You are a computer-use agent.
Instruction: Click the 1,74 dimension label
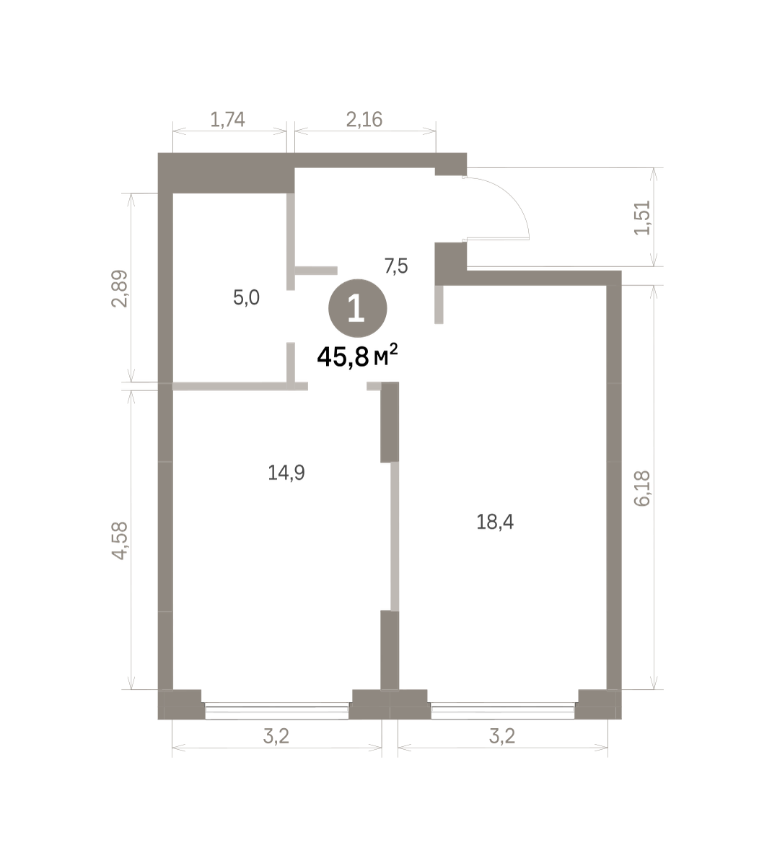click(227, 120)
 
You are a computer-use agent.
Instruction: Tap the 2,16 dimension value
click(364, 120)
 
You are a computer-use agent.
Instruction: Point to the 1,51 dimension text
click(642, 217)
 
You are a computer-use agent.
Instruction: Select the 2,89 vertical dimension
click(119, 289)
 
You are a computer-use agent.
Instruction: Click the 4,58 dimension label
click(119, 541)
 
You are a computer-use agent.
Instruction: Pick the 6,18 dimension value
click(642, 489)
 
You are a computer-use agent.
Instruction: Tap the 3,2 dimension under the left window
click(276, 736)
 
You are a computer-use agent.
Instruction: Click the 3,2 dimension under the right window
click(502, 736)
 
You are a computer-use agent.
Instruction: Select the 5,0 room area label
click(246, 297)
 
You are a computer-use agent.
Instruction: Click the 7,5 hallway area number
click(396, 266)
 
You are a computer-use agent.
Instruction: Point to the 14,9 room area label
click(286, 473)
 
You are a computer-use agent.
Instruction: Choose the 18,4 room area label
click(495, 522)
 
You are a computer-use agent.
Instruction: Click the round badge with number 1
click(357, 309)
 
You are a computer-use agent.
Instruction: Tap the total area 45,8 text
click(343, 357)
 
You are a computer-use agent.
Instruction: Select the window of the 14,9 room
click(276, 711)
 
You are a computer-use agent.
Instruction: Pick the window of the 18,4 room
click(502, 711)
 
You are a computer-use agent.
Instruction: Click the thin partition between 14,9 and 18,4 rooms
click(395, 536)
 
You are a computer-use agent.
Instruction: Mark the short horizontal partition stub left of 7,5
click(316, 271)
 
